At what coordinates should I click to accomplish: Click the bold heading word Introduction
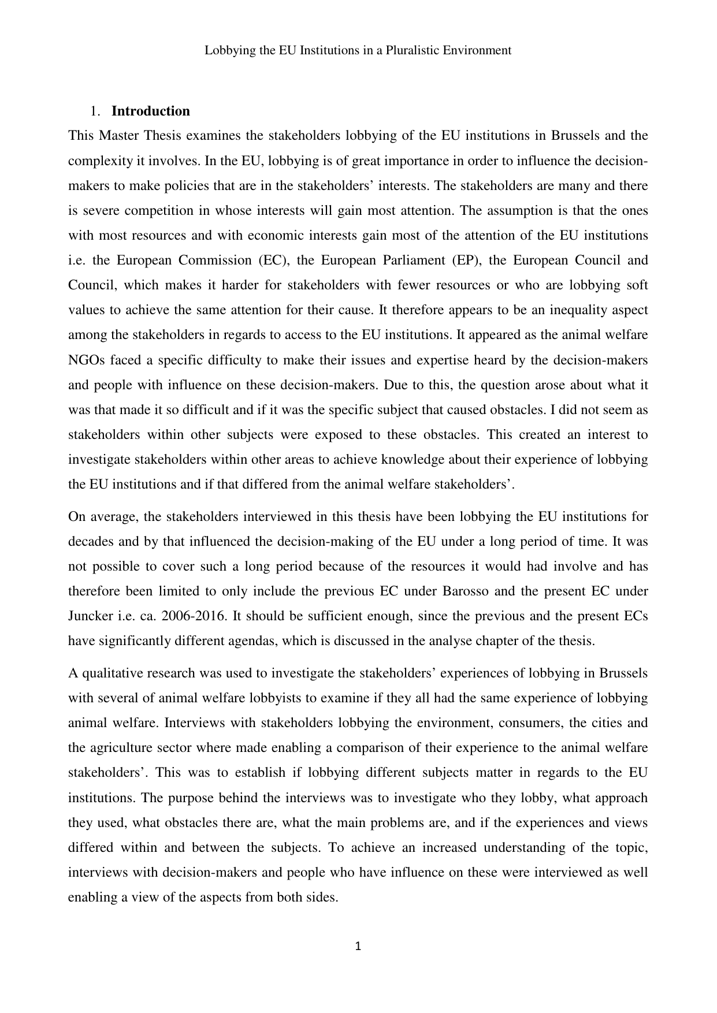pos(150,111)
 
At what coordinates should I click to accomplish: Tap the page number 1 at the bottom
pos(358,946)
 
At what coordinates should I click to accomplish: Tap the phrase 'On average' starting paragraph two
pos(101,516)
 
